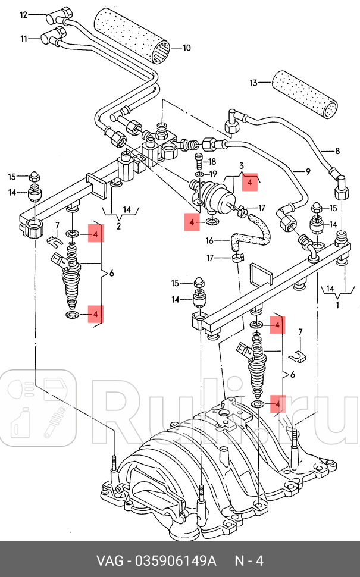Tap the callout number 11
point(23,39)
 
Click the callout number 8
point(337,152)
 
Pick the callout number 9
point(308,172)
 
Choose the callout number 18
point(213,161)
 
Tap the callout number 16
point(209,240)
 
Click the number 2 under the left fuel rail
point(118,226)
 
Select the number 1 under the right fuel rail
point(338,305)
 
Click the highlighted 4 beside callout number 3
point(251,183)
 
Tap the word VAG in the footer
point(110,561)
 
